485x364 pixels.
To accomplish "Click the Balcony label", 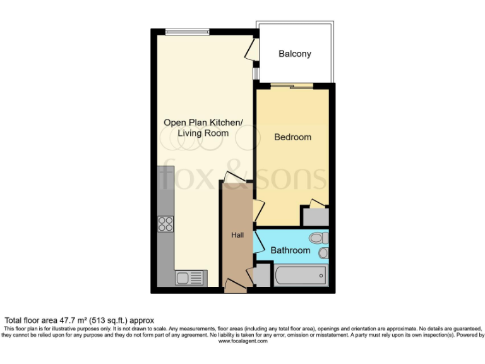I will pyautogui.click(x=295, y=54).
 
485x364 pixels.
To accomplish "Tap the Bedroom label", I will pyautogui.click(x=293, y=137).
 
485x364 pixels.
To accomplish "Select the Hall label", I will pyautogui.click(x=237, y=235).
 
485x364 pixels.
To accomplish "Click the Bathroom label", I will pyautogui.click(x=290, y=250).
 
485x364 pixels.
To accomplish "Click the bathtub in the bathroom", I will pyautogui.click(x=301, y=276).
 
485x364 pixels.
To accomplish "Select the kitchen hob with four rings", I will pyautogui.click(x=166, y=224).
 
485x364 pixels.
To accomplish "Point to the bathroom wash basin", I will pyautogui.click(x=323, y=253).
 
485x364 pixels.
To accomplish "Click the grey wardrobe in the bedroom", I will pyautogui.click(x=315, y=216).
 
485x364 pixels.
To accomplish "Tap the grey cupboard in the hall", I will pyautogui.click(x=261, y=277).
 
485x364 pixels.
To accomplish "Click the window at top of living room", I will pyautogui.click(x=188, y=31).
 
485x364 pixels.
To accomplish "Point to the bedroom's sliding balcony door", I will pyautogui.click(x=292, y=86).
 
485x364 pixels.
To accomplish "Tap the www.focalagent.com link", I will pyautogui.click(x=242, y=341).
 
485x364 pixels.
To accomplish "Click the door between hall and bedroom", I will pyautogui.click(x=257, y=210).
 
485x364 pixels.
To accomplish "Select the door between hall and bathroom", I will pyautogui.click(x=257, y=242).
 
